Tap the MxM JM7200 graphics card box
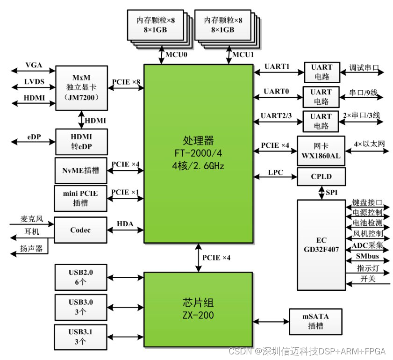point(82,88)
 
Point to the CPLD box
point(322,177)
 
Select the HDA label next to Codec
point(125,224)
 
